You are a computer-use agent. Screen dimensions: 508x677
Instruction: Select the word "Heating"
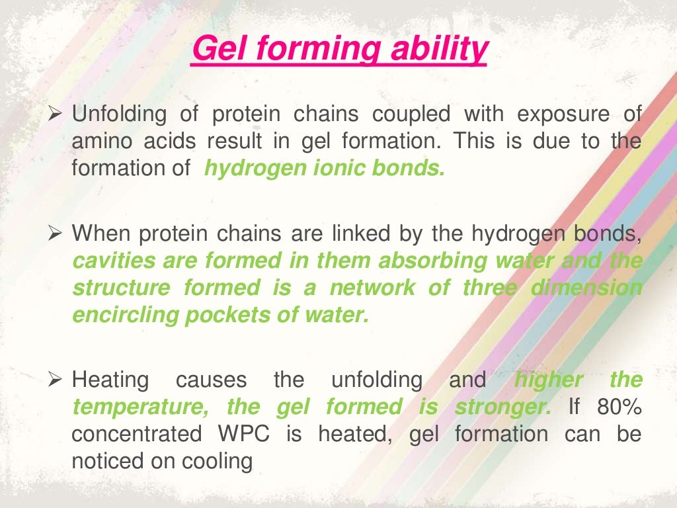tap(110, 381)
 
